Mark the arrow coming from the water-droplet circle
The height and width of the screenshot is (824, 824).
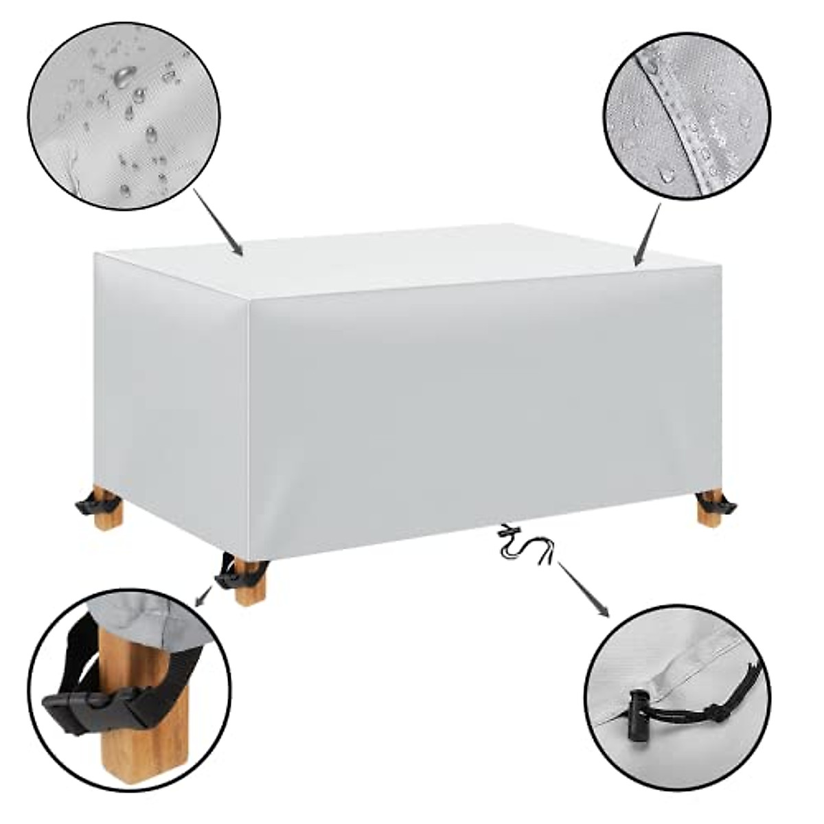pyautogui.click(x=218, y=224)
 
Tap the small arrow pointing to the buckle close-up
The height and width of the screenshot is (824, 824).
pyautogui.click(x=203, y=597)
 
